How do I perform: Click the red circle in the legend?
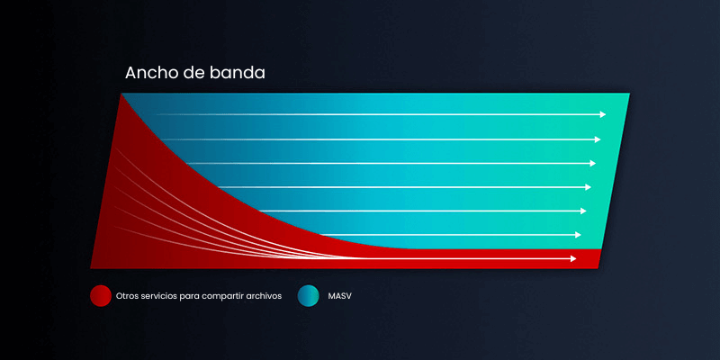(101, 295)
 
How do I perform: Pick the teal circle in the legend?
(308, 295)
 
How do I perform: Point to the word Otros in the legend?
(130, 295)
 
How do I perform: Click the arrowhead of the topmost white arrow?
(603, 115)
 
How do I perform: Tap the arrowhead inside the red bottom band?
(572, 259)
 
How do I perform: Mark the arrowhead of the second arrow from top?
(598, 139)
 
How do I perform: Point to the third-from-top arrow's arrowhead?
(592, 164)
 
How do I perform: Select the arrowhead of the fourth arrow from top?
(588, 187)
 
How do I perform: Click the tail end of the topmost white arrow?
(158, 115)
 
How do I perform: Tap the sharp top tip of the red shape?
(120, 94)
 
